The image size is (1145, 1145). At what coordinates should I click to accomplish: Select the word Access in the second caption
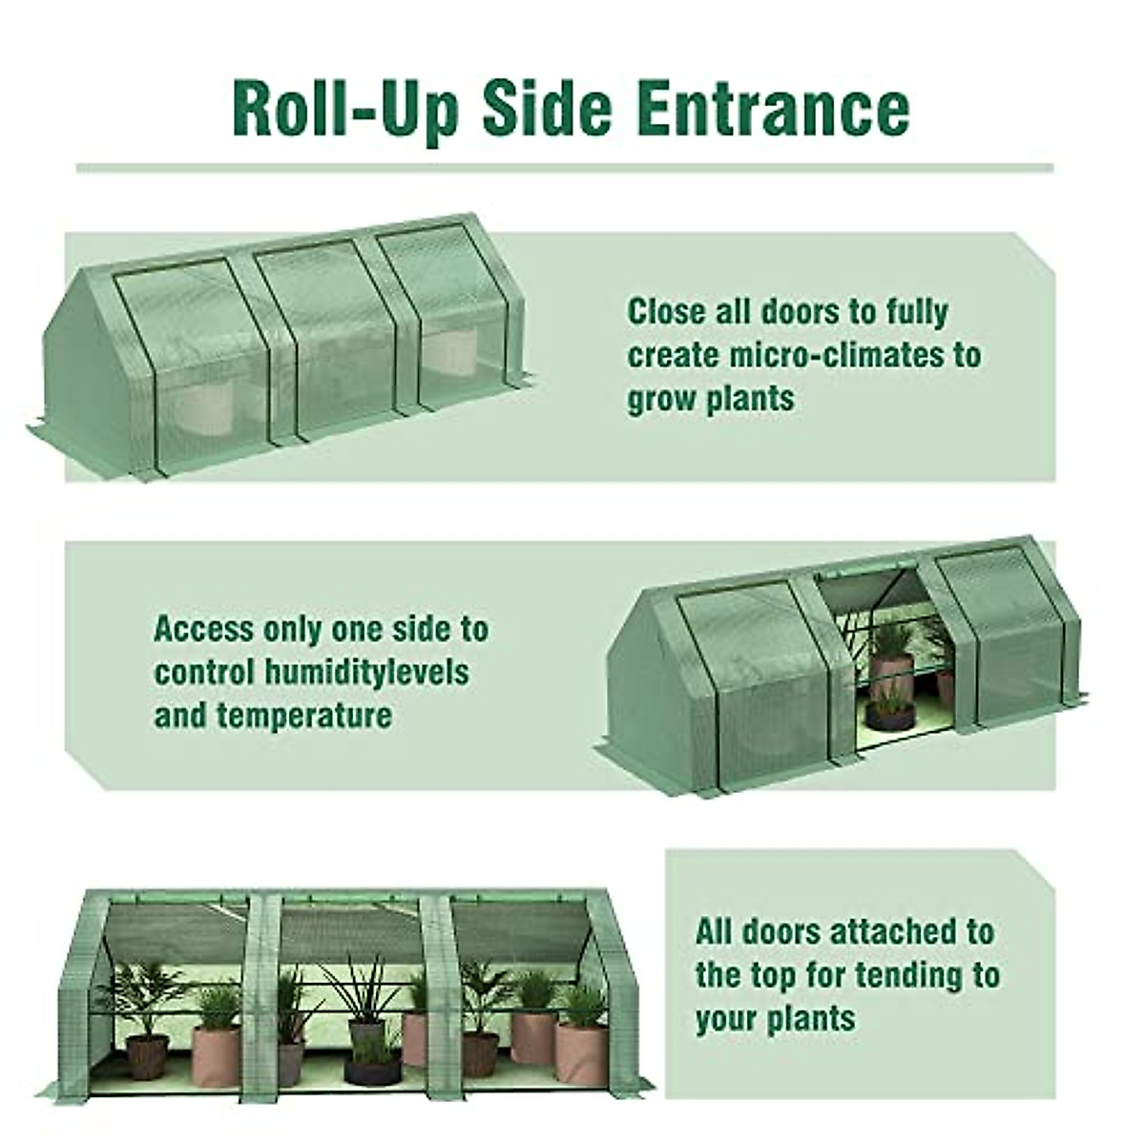pyautogui.click(x=204, y=630)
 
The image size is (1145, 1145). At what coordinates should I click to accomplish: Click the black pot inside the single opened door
pyautogui.click(x=889, y=715)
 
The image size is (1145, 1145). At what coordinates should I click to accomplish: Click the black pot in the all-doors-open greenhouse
pyautogui.click(x=373, y=1070)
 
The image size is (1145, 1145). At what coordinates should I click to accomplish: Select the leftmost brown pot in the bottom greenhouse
pyautogui.click(x=148, y=1055)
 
